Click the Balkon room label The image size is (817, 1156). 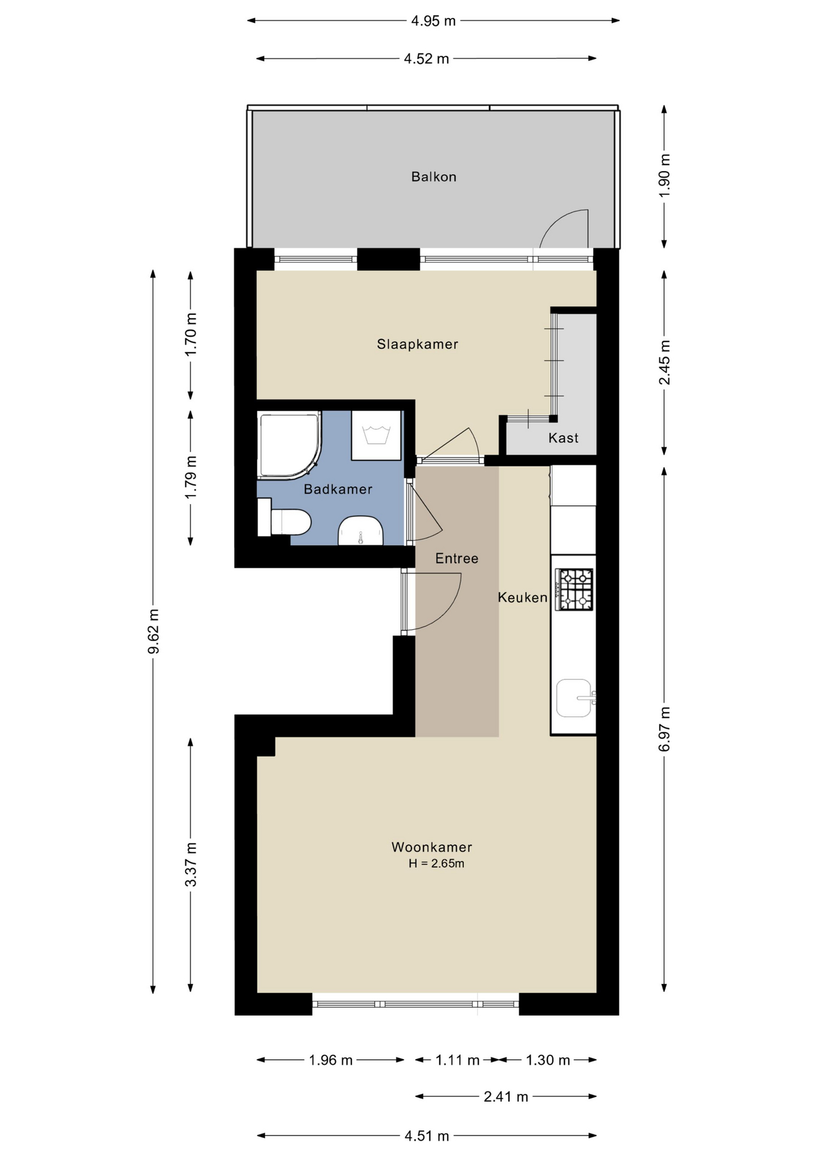[x=433, y=177]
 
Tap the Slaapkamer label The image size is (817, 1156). [x=418, y=344]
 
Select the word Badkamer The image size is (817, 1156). [x=338, y=489]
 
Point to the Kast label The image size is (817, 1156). [x=563, y=438]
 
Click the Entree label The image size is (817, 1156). [x=457, y=559]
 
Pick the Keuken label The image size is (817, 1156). [x=522, y=597]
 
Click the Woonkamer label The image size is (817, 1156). [x=431, y=847]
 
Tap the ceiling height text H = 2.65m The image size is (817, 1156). [x=436, y=864]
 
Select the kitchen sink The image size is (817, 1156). [x=575, y=698]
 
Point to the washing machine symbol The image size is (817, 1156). [x=377, y=435]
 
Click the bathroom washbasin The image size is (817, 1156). [x=360, y=532]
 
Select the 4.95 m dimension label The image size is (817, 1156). [x=433, y=21]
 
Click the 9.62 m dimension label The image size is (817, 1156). [x=153, y=631]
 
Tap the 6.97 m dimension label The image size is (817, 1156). [x=664, y=729]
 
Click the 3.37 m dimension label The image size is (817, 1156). [x=191, y=865]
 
